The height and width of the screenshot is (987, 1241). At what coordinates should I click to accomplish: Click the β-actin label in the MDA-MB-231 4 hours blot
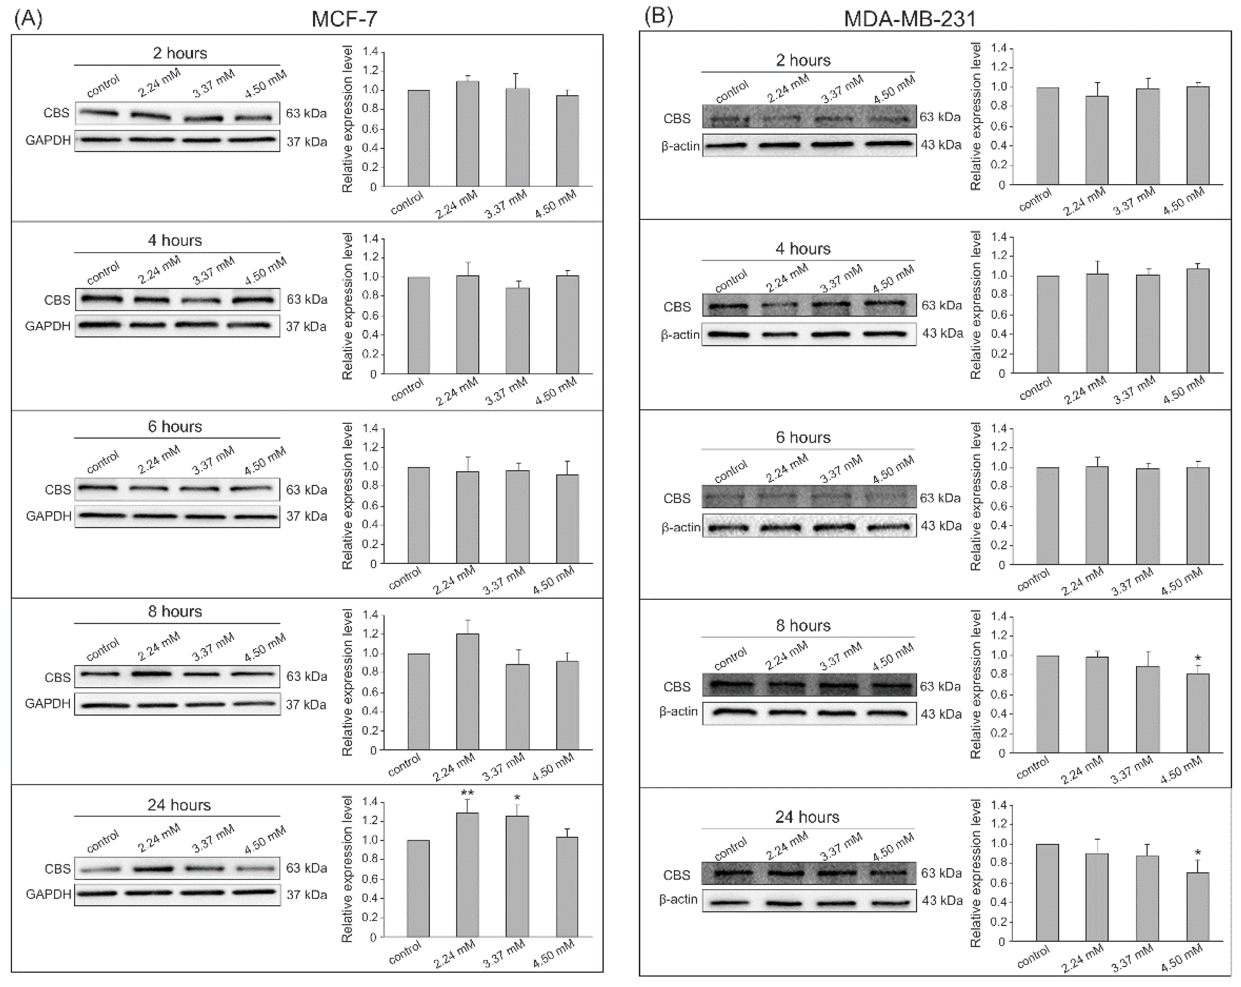point(680,335)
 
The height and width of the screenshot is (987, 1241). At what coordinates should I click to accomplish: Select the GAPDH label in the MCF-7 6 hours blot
point(48,516)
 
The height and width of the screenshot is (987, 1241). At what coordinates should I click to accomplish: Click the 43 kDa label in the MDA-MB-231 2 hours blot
point(941,145)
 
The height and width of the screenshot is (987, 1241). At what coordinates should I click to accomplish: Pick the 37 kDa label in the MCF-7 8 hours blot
point(306,704)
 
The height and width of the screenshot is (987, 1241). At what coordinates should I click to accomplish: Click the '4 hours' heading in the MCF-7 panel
point(175,240)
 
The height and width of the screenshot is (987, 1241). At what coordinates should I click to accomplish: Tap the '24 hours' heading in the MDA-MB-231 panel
point(807,817)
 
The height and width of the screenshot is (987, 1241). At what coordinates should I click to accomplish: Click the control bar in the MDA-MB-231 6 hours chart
point(1048,516)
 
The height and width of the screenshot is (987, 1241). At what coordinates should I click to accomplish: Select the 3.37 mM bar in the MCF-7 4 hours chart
point(518,330)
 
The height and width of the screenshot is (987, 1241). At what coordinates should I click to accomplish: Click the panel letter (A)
point(28,19)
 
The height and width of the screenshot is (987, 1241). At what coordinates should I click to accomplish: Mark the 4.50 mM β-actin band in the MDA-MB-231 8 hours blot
point(887,713)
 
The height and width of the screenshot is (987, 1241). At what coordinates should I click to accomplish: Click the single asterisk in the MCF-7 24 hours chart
point(517,797)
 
